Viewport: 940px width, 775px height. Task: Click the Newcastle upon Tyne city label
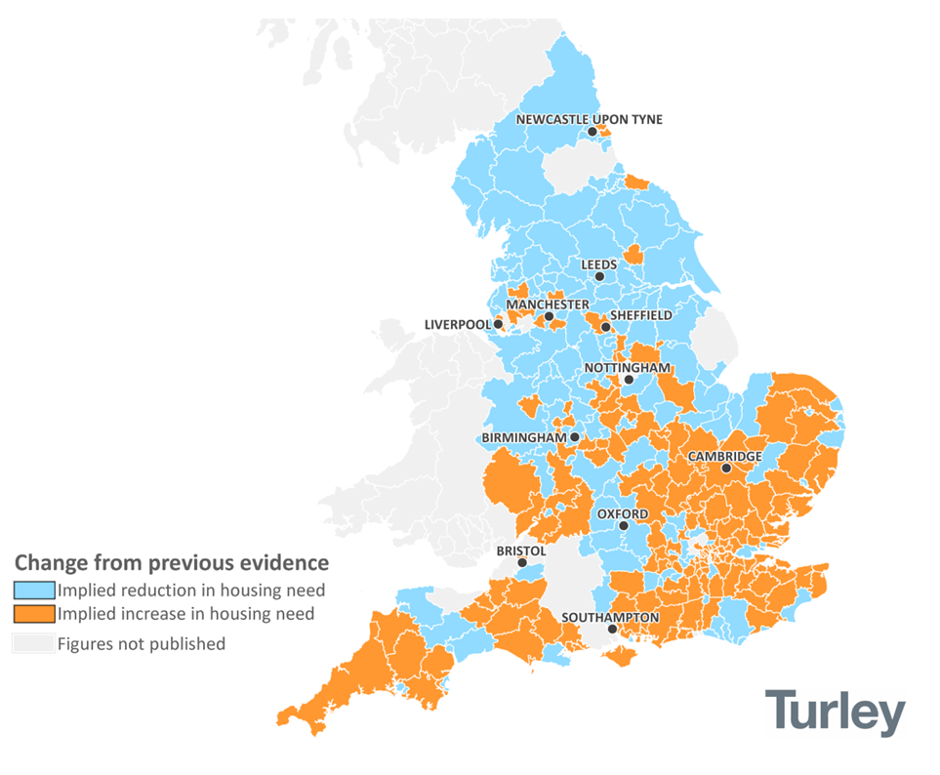click(589, 119)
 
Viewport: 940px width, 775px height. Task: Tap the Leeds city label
click(599, 264)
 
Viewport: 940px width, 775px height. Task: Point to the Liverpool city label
click(457, 324)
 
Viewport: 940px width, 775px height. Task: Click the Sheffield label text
click(640, 315)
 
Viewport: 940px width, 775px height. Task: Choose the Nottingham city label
click(627, 367)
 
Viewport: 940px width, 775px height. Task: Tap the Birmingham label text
click(523, 437)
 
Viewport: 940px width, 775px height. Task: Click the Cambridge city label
click(724, 456)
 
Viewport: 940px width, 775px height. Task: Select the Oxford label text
click(622, 513)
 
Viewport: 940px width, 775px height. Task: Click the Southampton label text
click(610, 617)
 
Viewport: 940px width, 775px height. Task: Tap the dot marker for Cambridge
click(726, 469)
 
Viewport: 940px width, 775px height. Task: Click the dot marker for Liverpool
click(498, 324)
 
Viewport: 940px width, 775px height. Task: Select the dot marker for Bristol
click(522, 563)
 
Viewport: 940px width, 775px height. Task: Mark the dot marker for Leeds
click(599, 276)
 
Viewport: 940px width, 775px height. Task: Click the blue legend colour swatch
click(32, 590)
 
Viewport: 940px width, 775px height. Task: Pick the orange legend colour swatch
click(32, 614)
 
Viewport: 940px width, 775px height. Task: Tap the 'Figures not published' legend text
click(141, 643)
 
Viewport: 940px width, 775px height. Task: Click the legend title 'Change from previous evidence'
click(171, 563)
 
